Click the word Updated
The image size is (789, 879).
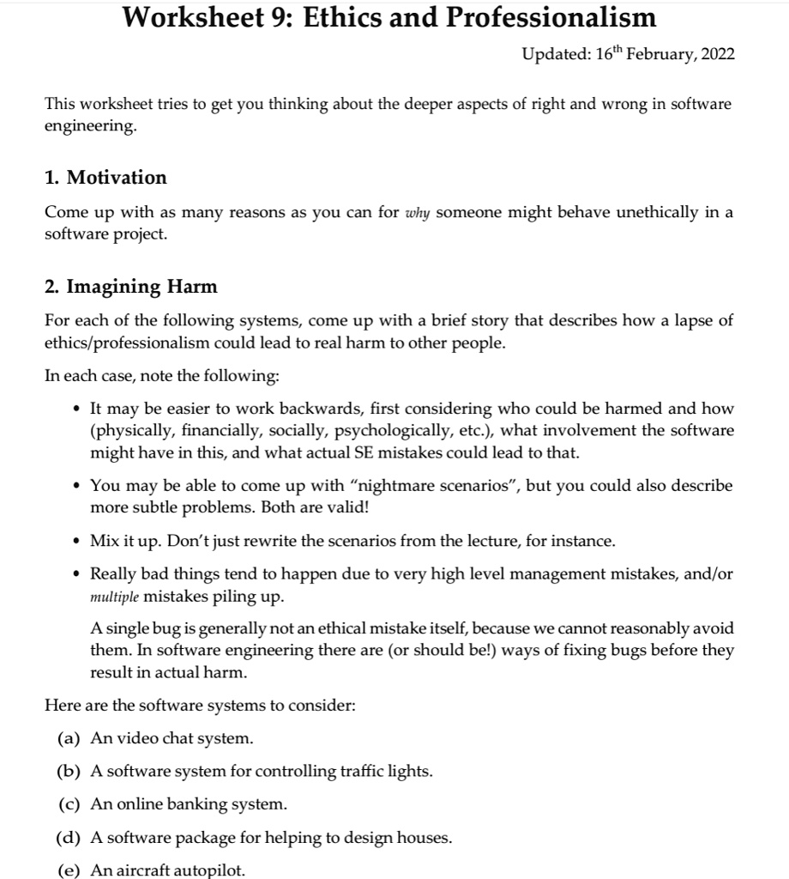(556, 55)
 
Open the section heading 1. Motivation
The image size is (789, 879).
(105, 178)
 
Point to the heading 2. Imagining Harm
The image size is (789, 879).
(130, 286)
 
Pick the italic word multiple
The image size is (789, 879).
(114, 596)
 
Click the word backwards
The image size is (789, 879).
(355, 409)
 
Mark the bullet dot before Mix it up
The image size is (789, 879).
(78, 542)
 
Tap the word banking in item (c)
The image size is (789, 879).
(202, 804)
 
